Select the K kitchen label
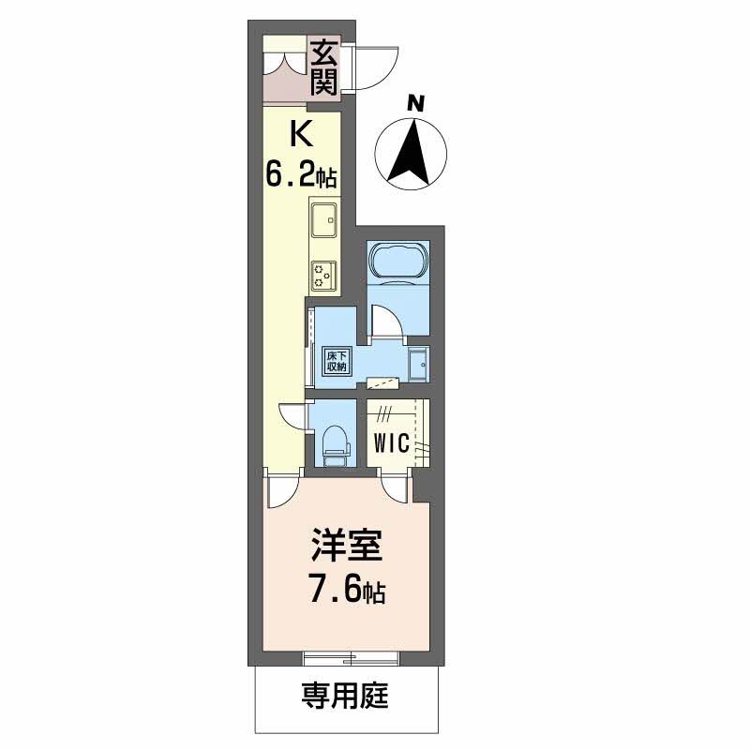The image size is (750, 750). coord(300,137)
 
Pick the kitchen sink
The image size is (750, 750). coord(324,220)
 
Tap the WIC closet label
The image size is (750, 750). coord(392,443)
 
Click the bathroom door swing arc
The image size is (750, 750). coord(387,323)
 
